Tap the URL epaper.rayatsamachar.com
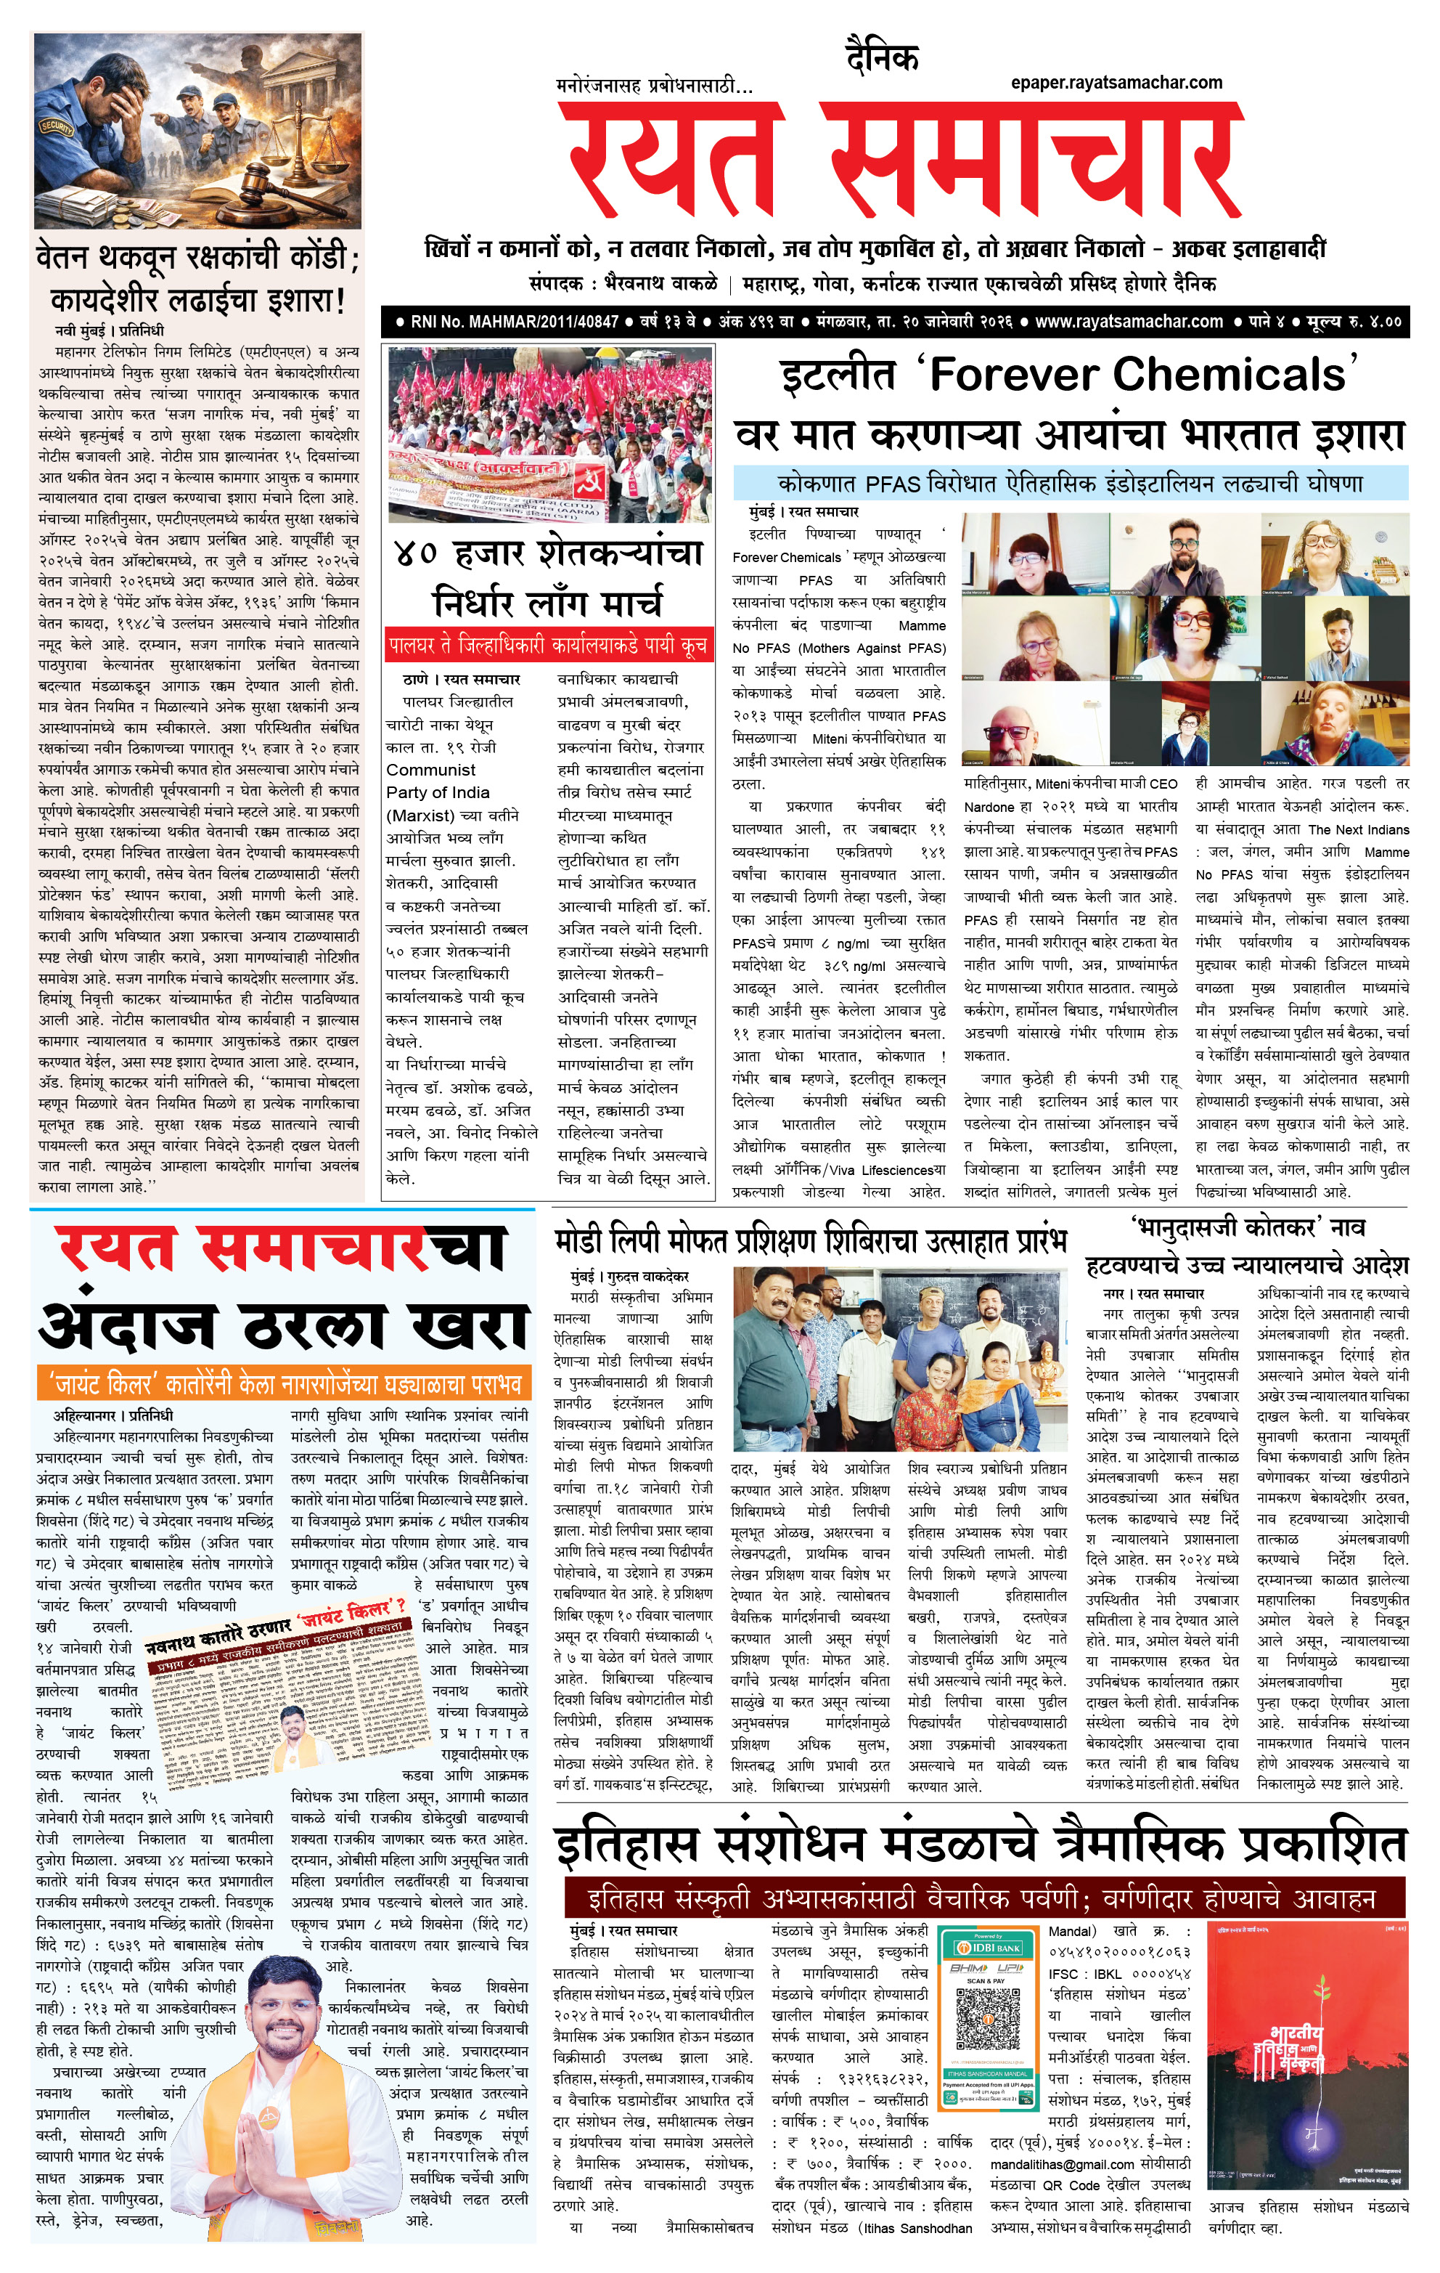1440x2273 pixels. pyautogui.click(x=1116, y=83)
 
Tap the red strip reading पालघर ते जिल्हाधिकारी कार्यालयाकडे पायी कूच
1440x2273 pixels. pyautogui.click(x=547, y=646)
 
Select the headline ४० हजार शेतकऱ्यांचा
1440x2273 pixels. pyautogui.click(x=548, y=551)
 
